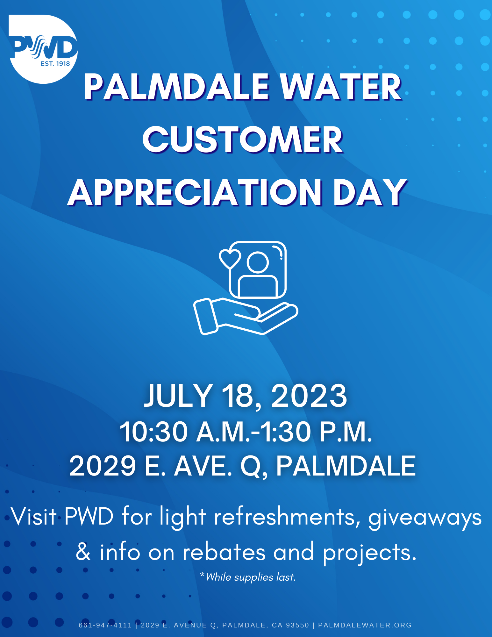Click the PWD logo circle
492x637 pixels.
coord(43,49)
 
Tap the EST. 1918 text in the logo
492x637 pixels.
coord(55,64)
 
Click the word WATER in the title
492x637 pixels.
coord(341,87)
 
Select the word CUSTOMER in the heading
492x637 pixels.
coord(243,140)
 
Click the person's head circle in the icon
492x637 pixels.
coord(258,262)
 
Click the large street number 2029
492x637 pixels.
coord(103,466)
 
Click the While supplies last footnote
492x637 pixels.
coord(248,577)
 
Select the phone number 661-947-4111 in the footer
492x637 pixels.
coord(105,625)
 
